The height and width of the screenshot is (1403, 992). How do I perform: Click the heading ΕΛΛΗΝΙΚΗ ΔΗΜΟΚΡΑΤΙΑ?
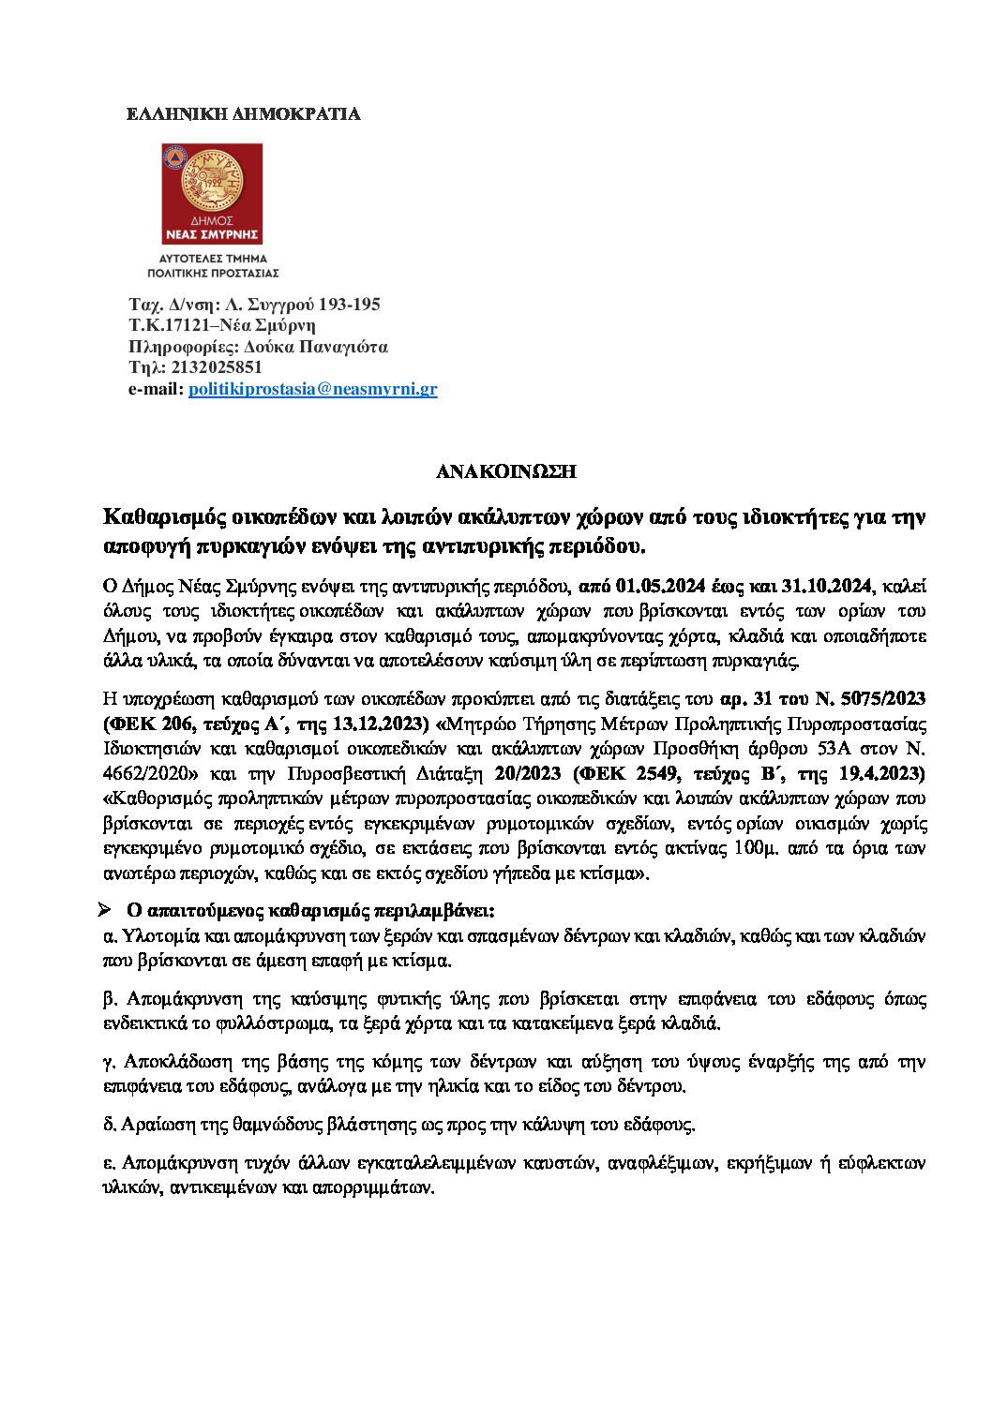tap(243, 114)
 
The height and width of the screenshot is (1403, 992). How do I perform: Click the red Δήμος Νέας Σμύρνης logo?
tap(212, 194)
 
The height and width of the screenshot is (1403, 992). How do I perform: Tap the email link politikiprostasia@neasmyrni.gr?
tap(312, 389)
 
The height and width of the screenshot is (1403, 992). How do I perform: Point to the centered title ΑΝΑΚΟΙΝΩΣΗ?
tap(506, 471)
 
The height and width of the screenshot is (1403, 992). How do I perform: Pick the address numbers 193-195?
tap(350, 305)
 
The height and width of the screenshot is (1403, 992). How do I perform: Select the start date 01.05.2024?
tap(661, 587)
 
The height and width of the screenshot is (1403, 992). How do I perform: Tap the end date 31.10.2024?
tap(827, 587)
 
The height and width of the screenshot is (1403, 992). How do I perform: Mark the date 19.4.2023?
tap(881, 774)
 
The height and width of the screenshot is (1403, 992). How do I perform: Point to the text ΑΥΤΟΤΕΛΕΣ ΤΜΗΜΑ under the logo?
tap(213, 259)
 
